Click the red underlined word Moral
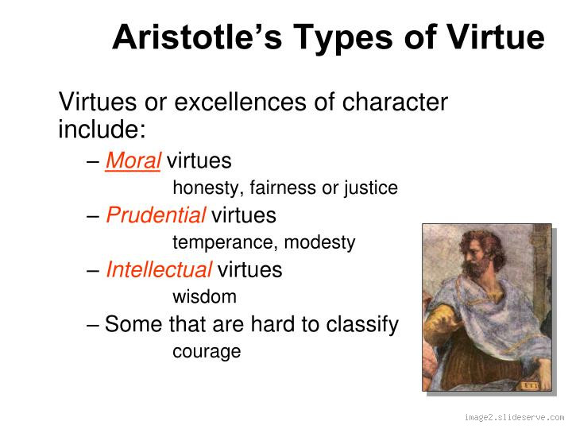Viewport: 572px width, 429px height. [133, 161]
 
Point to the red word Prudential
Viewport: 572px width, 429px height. [156, 215]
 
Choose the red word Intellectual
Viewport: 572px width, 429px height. [159, 270]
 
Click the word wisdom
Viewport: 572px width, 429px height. [204, 297]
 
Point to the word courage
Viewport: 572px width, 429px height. [207, 351]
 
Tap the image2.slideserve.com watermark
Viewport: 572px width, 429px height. [514, 417]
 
